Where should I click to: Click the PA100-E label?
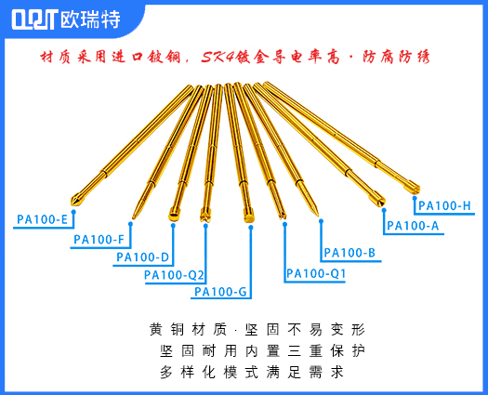click(x=42, y=220)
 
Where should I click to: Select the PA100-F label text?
click(x=99, y=240)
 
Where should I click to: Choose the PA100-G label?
click(x=220, y=292)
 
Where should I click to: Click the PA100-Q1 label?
click(x=315, y=273)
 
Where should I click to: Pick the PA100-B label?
click(x=349, y=253)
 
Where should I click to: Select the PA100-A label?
click(x=412, y=225)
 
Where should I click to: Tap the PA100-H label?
click(x=444, y=205)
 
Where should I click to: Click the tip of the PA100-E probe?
click(x=74, y=200)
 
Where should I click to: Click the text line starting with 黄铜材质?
click(x=257, y=329)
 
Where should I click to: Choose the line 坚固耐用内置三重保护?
click(x=262, y=350)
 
